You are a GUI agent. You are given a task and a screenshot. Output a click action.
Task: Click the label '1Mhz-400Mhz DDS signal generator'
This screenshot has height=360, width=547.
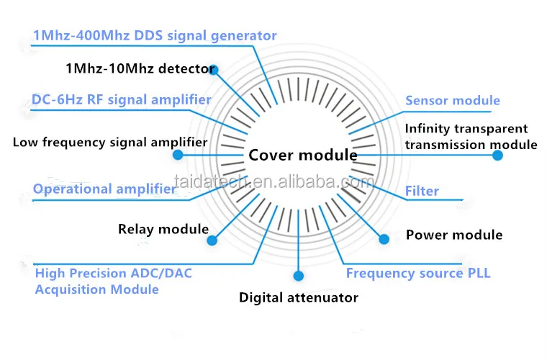155,35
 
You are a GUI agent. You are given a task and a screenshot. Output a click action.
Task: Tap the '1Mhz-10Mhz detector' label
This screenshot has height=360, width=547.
139,69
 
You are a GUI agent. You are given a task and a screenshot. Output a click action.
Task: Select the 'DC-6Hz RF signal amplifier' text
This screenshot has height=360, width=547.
122,99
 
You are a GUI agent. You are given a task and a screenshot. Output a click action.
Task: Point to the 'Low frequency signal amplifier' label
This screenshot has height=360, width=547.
110,142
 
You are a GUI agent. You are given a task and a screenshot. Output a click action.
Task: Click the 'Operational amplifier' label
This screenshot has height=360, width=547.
104,189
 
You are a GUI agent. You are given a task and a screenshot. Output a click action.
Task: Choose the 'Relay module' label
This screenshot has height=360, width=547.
163,230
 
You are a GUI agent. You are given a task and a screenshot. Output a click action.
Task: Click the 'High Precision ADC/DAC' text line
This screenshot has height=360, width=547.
114,274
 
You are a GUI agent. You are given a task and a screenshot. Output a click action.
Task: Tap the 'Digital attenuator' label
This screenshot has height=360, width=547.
299,297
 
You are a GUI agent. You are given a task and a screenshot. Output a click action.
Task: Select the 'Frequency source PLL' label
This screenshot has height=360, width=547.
417,273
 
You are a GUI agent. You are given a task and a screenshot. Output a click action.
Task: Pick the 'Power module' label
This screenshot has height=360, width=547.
454,235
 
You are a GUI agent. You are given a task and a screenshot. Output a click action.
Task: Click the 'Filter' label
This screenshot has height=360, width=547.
422,192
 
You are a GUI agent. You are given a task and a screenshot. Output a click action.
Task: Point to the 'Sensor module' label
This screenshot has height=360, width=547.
452,101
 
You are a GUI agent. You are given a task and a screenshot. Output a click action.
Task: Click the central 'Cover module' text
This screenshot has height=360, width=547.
303,155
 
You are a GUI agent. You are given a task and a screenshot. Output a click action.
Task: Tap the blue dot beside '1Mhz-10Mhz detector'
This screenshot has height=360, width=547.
214,71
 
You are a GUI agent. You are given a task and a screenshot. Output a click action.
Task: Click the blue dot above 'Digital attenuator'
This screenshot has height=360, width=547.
299,275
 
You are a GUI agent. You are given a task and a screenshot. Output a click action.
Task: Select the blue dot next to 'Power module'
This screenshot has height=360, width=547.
384,238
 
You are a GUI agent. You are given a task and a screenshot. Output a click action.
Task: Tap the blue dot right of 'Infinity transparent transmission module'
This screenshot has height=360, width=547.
497,154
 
